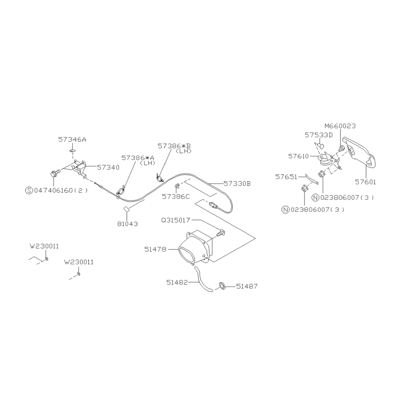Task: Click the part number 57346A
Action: pyautogui.click(x=72, y=140)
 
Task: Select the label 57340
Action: pyautogui.click(x=108, y=167)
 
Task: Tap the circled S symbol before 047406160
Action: pyautogui.click(x=29, y=191)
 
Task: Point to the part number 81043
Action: pyautogui.click(x=127, y=224)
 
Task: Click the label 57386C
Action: pyautogui.click(x=176, y=197)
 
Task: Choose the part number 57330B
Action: pyautogui.click(x=237, y=184)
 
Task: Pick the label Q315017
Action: pyautogui.click(x=176, y=220)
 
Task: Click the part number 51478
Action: pyautogui.click(x=155, y=250)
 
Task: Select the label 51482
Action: pyautogui.click(x=177, y=282)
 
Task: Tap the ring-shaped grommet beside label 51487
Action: pyautogui.click(x=222, y=286)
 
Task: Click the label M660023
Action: pyautogui.click(x=340, y=126)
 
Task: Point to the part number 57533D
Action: pyautogui.click(x=318, y=135)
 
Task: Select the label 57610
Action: pyautogui.click(x=298, y=156)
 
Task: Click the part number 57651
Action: pyautogui.click(x=286, y=177)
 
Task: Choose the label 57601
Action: pyautogui.click(x=365, y=182)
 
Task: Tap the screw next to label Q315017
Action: pyautogui.click(x=220, y=233)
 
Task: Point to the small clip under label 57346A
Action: pyautogui.click(x=72, y=151)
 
